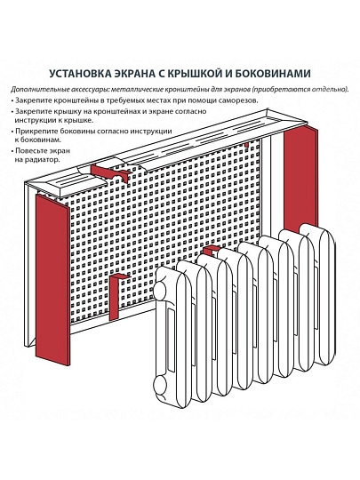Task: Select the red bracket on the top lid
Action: point(110,172)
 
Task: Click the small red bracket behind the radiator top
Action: point(210,252)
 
